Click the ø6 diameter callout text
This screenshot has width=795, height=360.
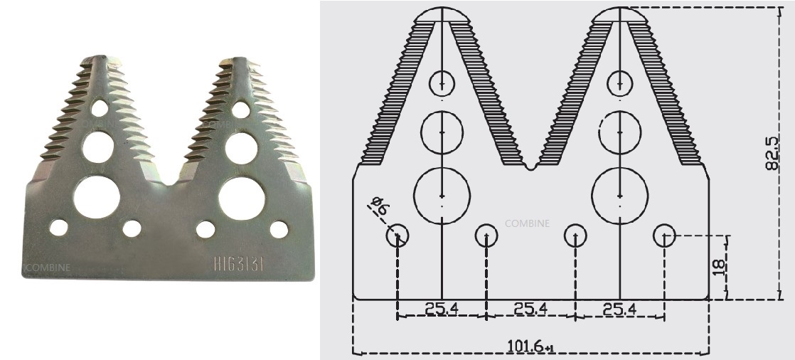pos(379,208)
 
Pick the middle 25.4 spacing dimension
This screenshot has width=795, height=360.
pos(530,309)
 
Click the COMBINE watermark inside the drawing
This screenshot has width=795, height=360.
pos(527,223)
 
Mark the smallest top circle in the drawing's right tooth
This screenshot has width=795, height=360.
pos(620,84)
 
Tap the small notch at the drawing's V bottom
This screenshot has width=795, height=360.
pos(531,168)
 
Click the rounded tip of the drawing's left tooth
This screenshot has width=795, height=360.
pos(442,14)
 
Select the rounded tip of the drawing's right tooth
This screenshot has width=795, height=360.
pos(620,14)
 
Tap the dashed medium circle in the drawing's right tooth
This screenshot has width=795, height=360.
pos(620,132)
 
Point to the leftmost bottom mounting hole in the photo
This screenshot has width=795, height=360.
pos(58,228)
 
